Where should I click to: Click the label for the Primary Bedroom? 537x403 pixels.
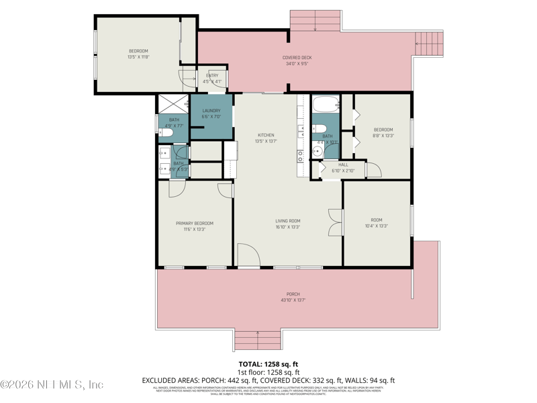(x=195, y=223)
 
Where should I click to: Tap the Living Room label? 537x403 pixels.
(x=287, y=220)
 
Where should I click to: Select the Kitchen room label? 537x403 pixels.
(x=266, y=135)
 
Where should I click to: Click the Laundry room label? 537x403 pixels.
(x=211, y=111)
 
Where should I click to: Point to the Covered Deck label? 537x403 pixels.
(x=297, y=58)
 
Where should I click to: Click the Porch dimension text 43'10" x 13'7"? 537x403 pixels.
(x=293, y=300)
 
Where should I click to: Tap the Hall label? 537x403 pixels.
(x=343, y=165)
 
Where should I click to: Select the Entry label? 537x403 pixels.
(x=212, y=75)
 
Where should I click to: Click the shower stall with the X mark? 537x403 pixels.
(x=173, y=103)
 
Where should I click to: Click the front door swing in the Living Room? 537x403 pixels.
(x=248, y=256)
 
